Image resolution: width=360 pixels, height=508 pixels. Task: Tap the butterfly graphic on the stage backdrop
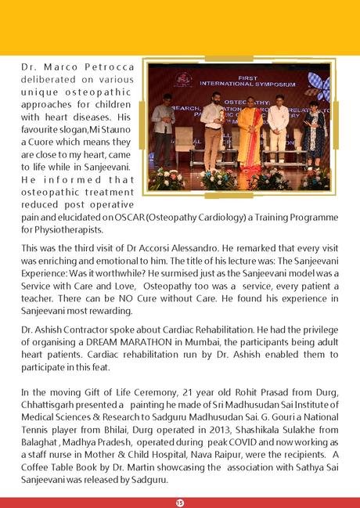click(x=319, y=85)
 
